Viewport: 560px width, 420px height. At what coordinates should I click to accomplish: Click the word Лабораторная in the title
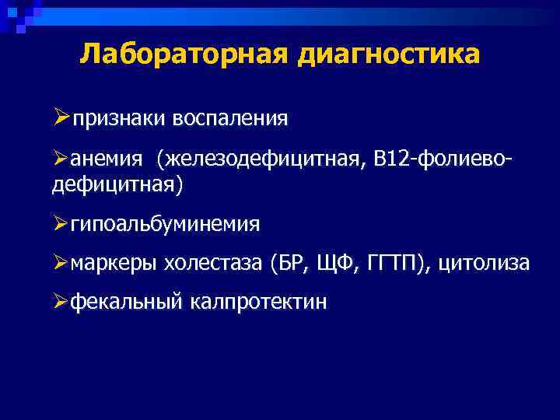point(180,54)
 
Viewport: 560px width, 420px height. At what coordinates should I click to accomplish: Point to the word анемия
point(107,159)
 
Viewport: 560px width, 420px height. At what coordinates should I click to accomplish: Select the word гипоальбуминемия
point(165,225)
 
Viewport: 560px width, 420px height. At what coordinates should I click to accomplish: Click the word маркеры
point(114,264)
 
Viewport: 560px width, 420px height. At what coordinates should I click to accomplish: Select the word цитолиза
point(484,264)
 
